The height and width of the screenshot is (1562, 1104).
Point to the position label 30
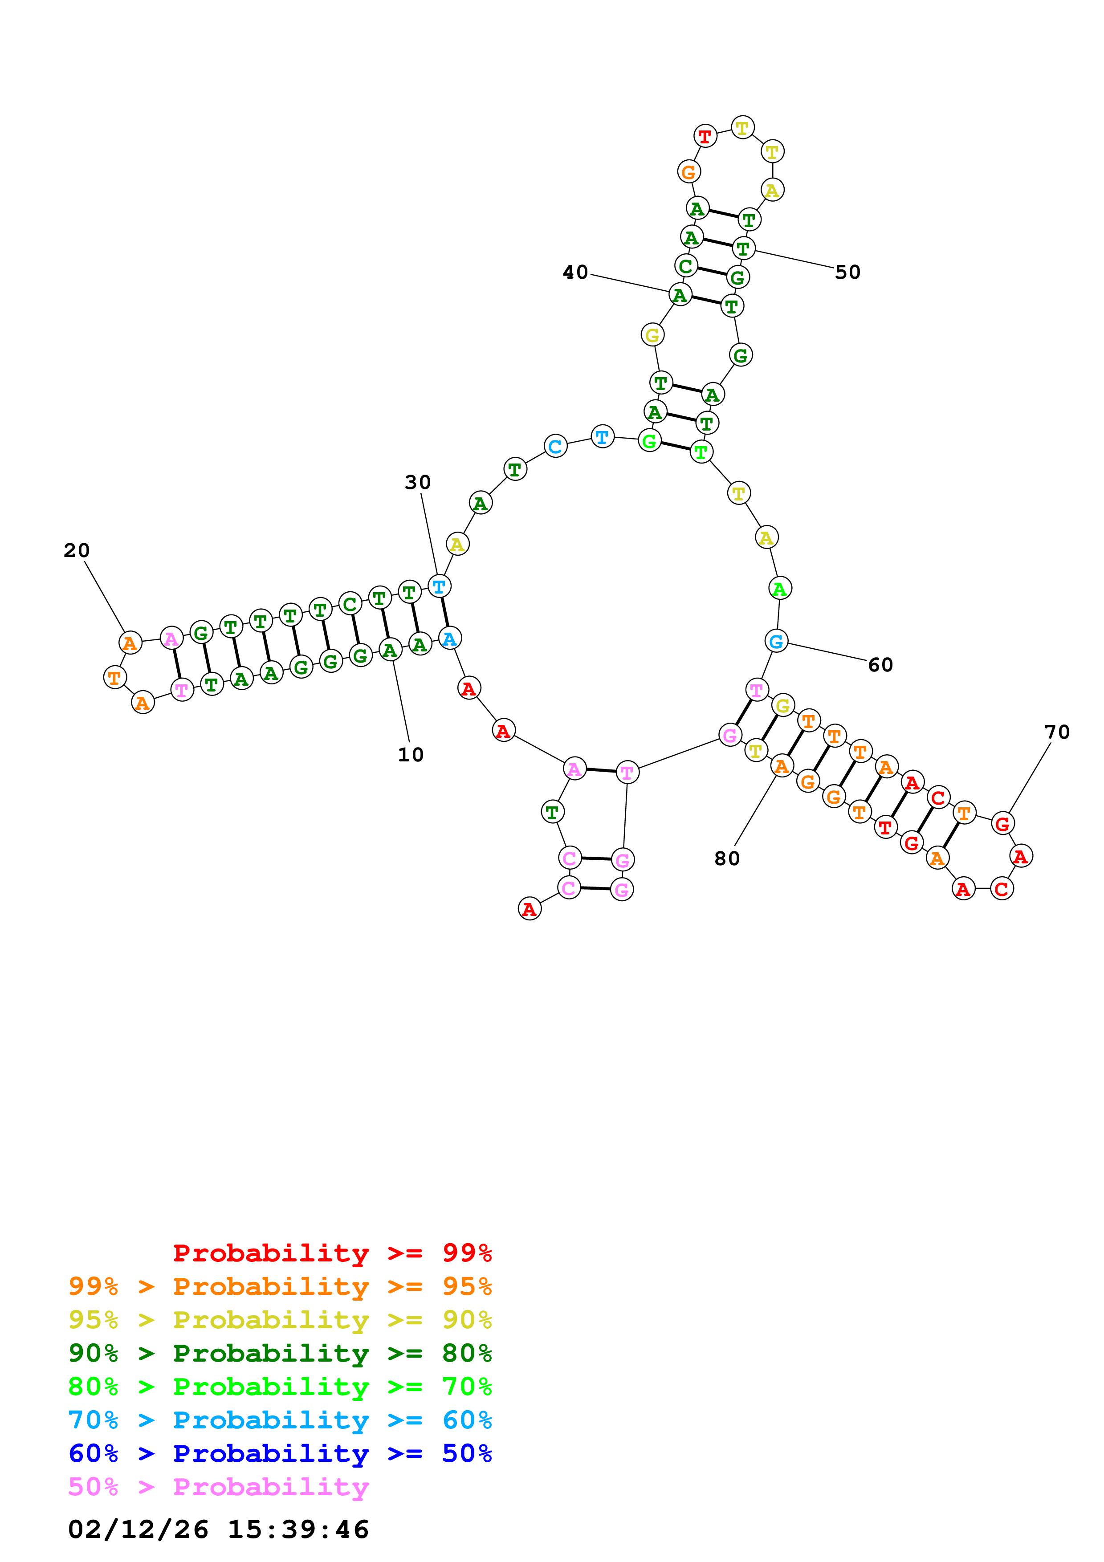pos(418,482)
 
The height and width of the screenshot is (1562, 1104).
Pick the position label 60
pos(880,665)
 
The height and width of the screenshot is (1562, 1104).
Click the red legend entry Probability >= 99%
pos(332,1253)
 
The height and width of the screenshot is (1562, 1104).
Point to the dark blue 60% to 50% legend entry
pos(280,1453)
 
